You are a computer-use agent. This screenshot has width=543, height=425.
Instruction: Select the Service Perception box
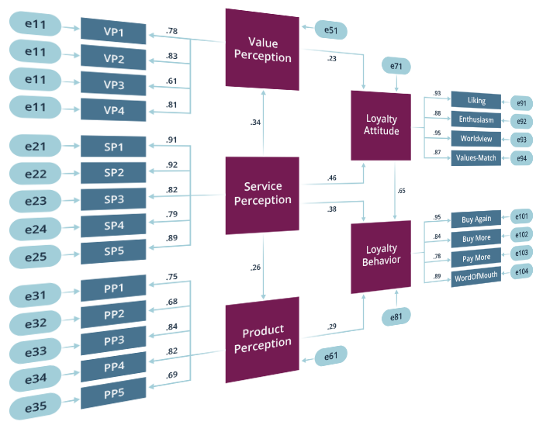click(x=262, y=194)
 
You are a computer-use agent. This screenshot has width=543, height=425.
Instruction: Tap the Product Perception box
click(x=262, y=340)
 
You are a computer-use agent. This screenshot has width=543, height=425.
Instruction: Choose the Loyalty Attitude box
click(x=381, y=125)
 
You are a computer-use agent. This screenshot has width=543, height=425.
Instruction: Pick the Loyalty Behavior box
click(x=381, y=255)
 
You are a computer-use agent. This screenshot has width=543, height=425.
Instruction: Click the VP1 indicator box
click(x=113, y=33)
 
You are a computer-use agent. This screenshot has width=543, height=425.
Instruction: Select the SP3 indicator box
click(x=113, y=199)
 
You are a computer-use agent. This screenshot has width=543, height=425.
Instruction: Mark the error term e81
click(x=396, y=316)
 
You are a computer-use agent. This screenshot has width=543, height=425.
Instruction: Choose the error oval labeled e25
click(x=34, y=256)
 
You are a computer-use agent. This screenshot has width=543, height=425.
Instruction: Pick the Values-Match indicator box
click(x=476, y=157)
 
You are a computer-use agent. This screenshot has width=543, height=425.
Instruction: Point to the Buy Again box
click(x=476, y=219)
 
